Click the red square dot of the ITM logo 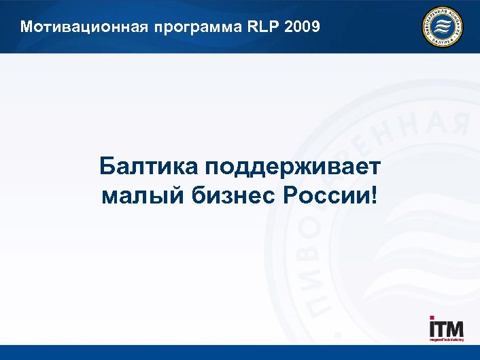pos(432,318)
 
